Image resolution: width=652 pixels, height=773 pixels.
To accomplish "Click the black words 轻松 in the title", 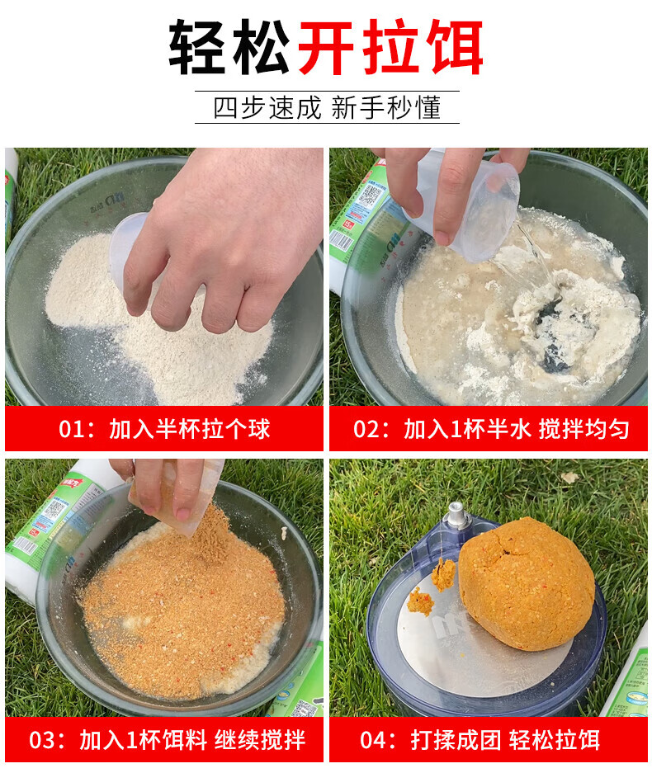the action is coord(229,47).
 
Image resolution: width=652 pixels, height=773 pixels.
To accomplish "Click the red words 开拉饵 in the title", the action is coord(390,47).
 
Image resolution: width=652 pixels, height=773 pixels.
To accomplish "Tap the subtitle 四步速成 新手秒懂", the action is coord(327,107).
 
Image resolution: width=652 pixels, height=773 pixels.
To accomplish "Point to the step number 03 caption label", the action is coord(42,740).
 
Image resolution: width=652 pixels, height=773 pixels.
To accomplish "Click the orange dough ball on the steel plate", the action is coord(527,583).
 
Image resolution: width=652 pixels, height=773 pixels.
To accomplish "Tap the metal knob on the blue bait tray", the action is coord(456,515).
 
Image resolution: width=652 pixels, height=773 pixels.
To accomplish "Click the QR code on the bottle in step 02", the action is coord(370,196).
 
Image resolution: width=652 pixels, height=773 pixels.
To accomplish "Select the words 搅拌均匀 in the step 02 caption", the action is coord(584,429).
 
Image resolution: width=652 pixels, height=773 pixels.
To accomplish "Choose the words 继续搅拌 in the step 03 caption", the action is coord(260,740).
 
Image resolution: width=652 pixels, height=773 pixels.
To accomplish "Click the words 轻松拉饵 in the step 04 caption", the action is coord(555,740).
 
